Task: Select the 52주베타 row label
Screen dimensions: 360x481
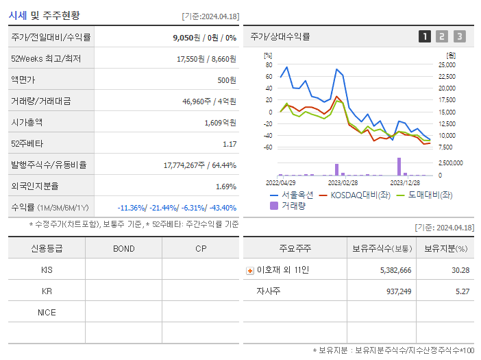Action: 26,144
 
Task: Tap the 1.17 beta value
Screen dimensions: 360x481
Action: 230,144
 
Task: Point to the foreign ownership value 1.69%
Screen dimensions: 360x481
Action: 225,187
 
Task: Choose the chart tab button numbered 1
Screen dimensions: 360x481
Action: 425,36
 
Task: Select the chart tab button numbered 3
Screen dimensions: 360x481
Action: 459,36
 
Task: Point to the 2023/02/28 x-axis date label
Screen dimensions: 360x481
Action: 343,183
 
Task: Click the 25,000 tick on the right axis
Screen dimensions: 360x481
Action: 446,64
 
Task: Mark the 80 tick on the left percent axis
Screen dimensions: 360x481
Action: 269,64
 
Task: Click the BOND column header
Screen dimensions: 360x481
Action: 123,248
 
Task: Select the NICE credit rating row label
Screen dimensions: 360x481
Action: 47,312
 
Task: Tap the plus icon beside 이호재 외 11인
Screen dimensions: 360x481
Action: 249,271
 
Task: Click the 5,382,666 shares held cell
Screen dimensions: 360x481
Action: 395,270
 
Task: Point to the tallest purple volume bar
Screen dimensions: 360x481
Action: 399,167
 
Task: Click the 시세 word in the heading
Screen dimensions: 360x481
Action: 18,15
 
